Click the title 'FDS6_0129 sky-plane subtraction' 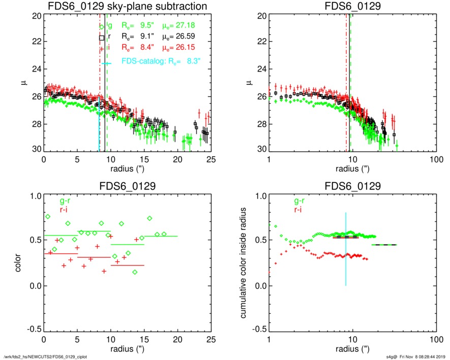coord(127,6)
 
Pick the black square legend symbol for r coord(102,38)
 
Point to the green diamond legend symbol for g coord(102,26)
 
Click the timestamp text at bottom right coord(415,356)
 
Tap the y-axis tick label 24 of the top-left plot coord(35,69)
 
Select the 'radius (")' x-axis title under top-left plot coord(127,168)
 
